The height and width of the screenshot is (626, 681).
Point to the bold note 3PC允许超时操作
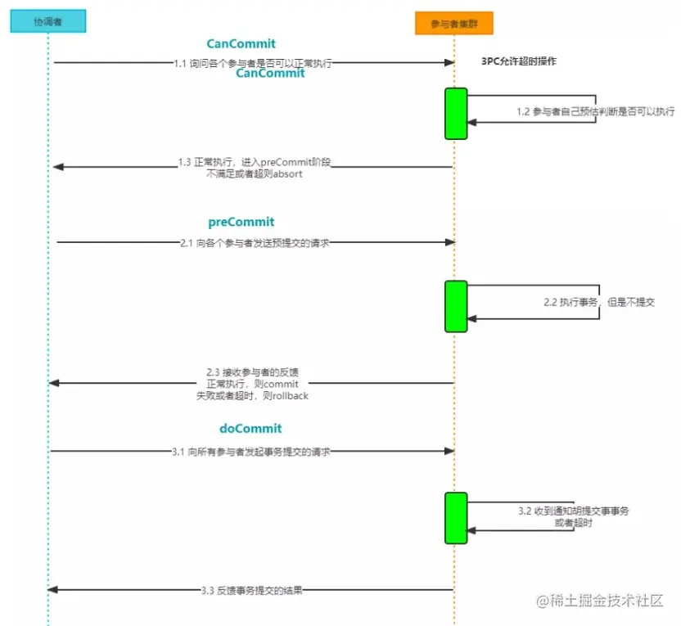coord(519,61)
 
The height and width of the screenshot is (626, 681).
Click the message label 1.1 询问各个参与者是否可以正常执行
coord(253,63)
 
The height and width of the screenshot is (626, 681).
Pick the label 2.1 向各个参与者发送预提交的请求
coord(255,242)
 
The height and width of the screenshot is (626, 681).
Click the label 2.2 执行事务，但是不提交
coord(598,302)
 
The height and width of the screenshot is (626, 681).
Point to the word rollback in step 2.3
coord(285,395)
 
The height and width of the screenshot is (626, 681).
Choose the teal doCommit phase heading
coord(250,429)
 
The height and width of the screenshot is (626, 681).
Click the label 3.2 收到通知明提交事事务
coord(573,511)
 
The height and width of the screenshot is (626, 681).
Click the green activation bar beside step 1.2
coord(456,114)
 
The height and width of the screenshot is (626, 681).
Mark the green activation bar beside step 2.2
coord(456,307)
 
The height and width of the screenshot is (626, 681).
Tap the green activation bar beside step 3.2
coord(456,518)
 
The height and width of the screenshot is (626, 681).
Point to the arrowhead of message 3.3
coord(53,589)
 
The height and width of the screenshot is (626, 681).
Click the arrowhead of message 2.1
coord(449,242)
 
